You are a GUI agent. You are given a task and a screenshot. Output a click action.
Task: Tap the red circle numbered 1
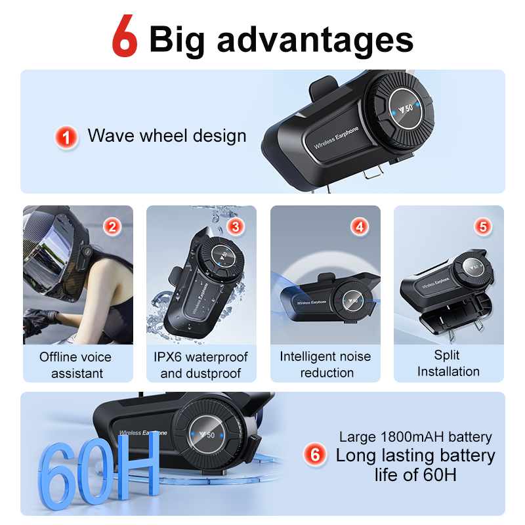pos(66,137)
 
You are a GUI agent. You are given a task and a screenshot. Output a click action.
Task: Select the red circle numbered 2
pos(113,227)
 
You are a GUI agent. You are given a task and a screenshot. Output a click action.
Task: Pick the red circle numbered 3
pos(236,227)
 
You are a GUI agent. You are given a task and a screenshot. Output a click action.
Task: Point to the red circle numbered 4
pos(359,227)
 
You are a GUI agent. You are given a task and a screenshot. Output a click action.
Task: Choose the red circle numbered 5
pos(483,227)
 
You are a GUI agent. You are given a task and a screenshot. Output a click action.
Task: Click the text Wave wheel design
pos(167,136)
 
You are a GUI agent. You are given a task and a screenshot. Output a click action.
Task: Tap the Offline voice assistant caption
pos(76,365)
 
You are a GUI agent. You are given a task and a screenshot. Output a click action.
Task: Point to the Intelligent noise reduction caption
pos(325,364)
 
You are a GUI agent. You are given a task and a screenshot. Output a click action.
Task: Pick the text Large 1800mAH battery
pos(415,436)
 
